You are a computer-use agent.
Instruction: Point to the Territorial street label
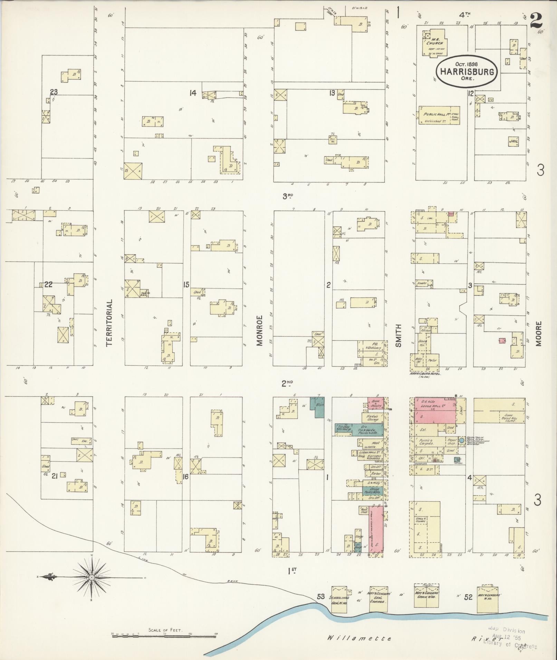(x=109, y=323)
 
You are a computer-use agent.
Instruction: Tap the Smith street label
(x=398, y=335)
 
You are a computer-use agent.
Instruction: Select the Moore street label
(x=539, y=333)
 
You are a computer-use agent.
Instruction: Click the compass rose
(x=92, y=577)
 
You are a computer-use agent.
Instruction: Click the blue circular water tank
(x=461, y=441)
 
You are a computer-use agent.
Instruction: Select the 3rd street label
(x=288, y=196)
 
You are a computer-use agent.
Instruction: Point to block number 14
(x=192, y=93)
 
